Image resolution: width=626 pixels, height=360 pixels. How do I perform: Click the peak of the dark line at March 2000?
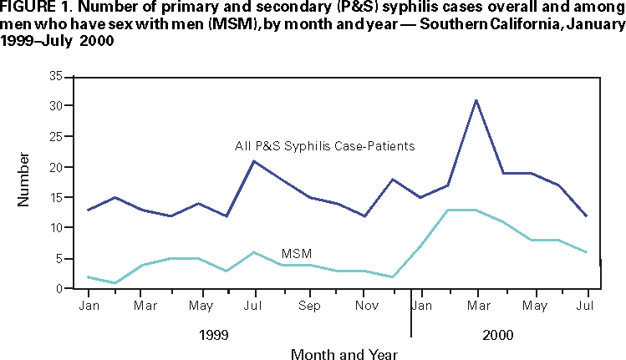click(x=475, y=100)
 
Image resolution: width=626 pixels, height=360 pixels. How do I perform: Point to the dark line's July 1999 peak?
click(x=253, y=160)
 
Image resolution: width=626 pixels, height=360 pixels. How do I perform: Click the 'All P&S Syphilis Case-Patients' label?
click(x=325, y=146)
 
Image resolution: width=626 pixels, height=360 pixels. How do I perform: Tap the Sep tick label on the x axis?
click(x=308, y=306)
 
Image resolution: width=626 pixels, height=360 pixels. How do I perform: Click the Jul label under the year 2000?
click(x=586, y=306)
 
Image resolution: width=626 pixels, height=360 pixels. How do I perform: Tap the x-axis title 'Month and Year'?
click(x=338, y=354)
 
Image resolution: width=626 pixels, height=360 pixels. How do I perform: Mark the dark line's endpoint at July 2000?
click(x=586, y=215)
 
